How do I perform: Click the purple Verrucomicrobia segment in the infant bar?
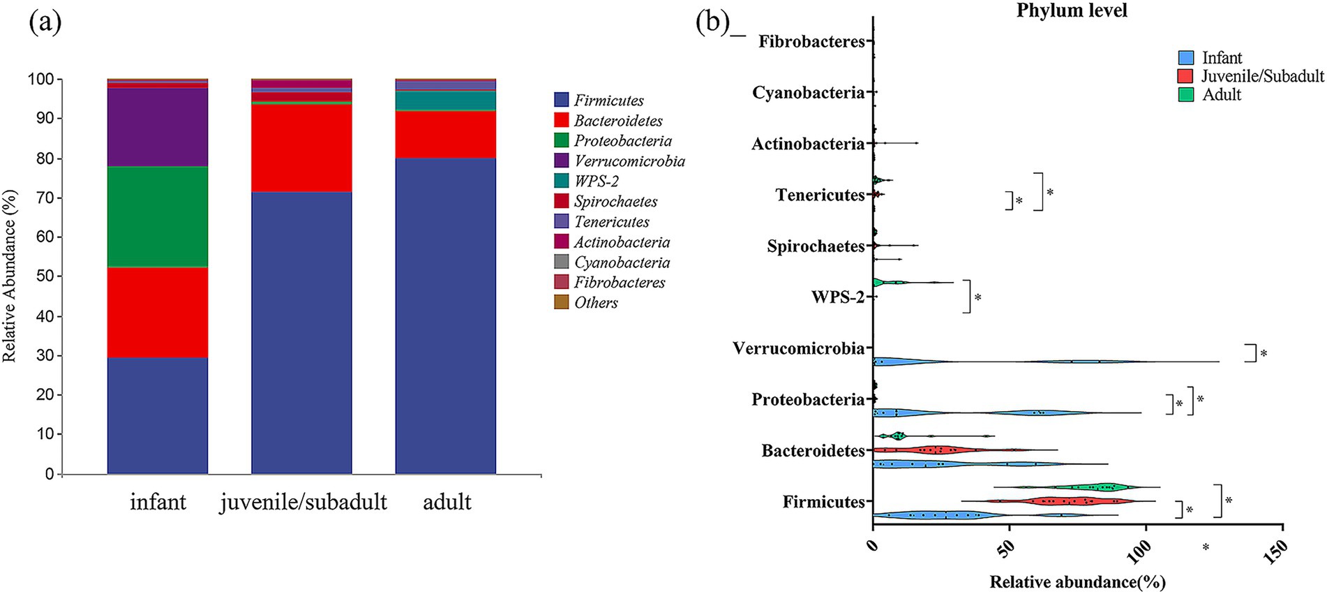158,127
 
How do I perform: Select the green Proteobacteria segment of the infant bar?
158,216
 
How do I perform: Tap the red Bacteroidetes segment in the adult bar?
445,134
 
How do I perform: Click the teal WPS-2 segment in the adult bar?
445,101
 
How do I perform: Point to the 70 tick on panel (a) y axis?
45,198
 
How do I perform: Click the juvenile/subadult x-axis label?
303,502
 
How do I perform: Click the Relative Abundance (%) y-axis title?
10,276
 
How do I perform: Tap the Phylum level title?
1071,10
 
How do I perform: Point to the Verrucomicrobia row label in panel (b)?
798,348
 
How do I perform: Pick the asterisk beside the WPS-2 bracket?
977,298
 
